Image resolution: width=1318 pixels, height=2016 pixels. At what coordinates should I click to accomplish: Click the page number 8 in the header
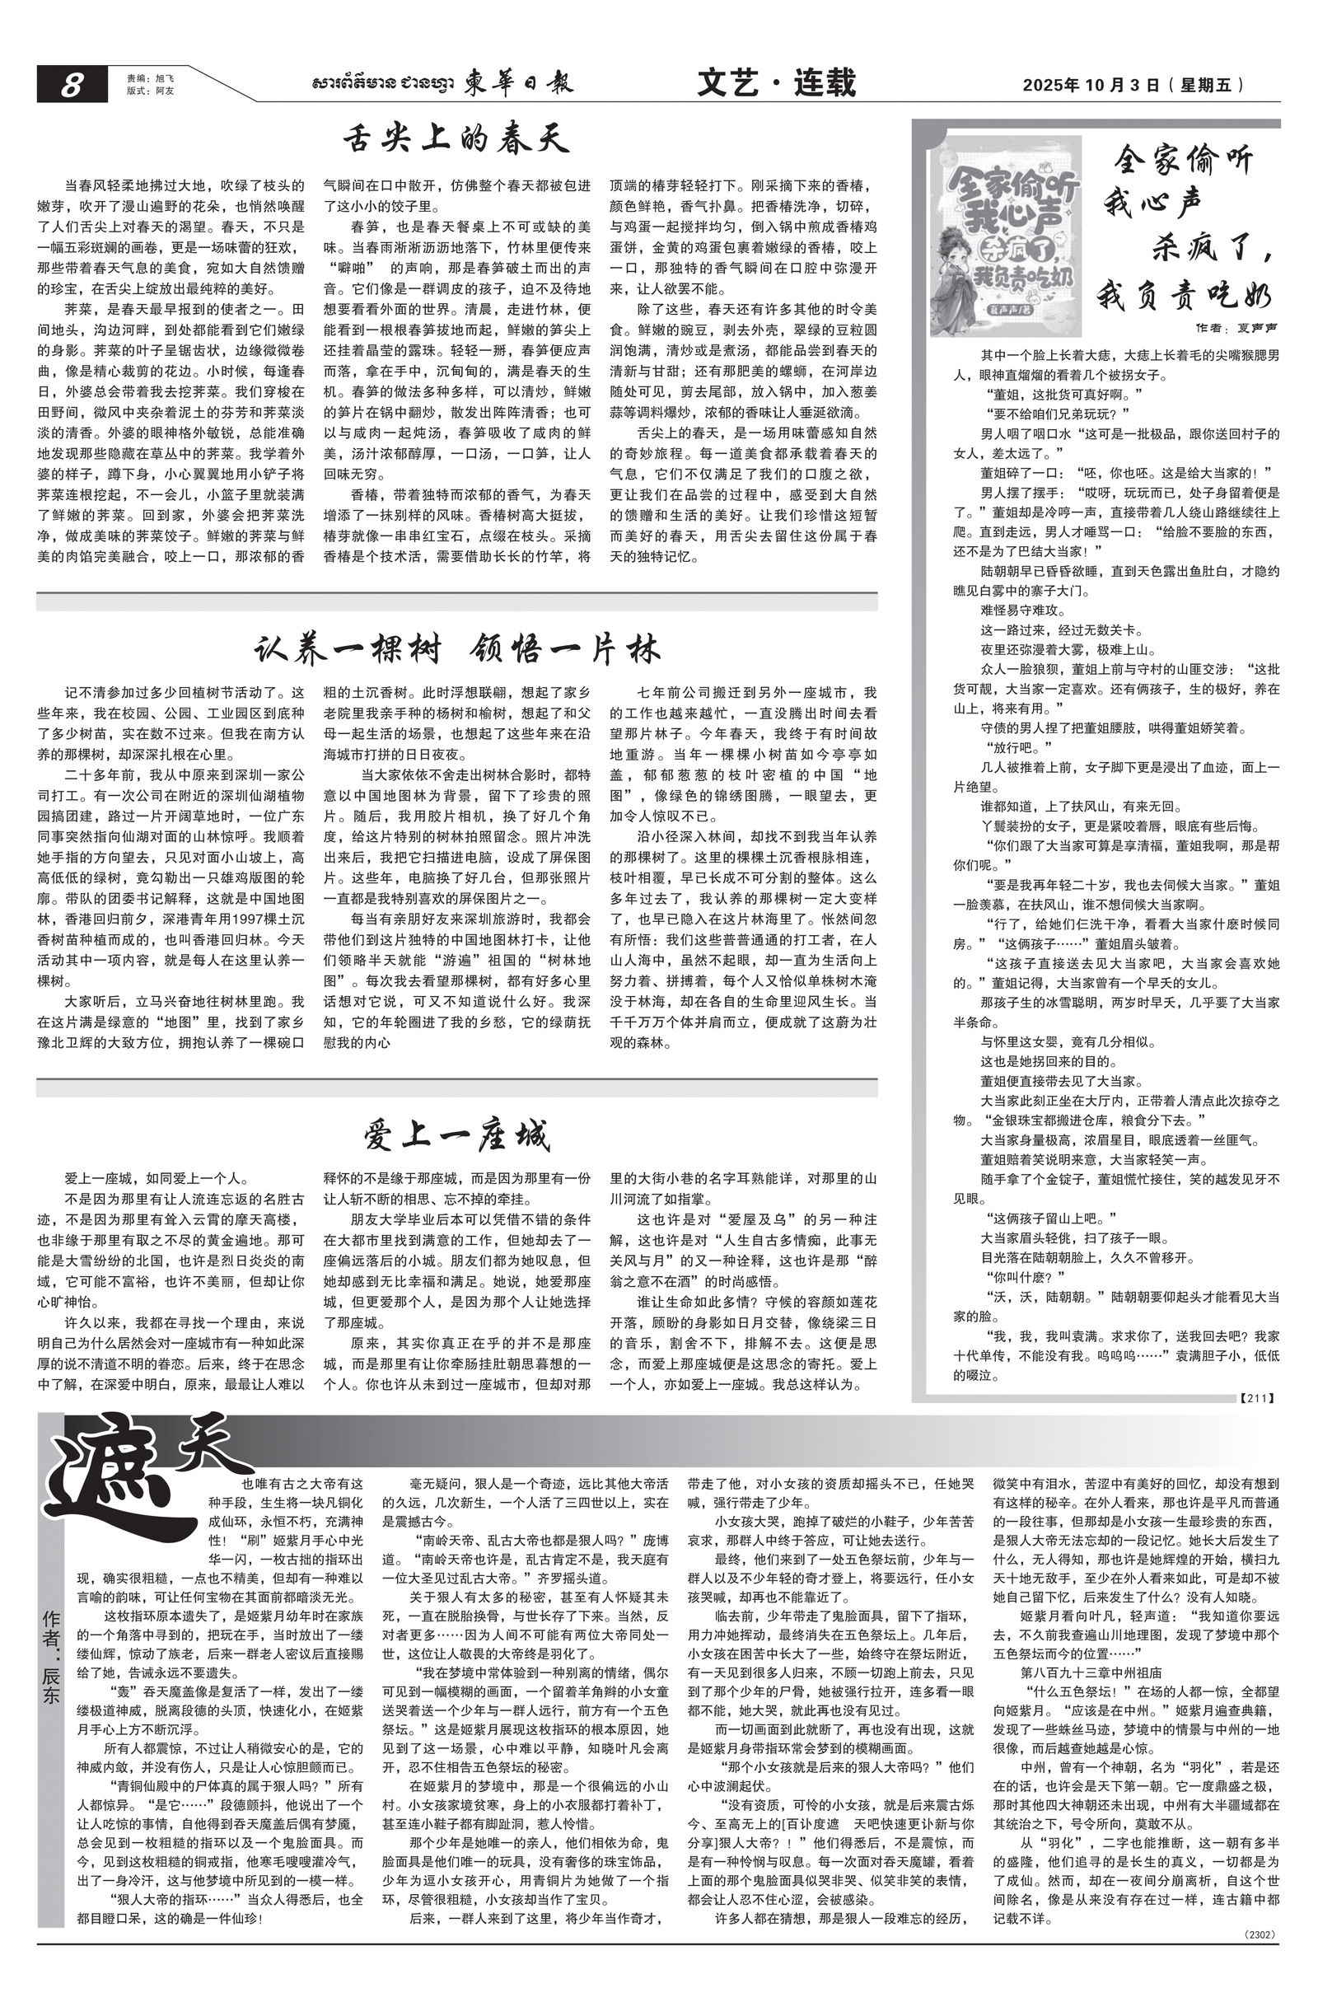tap(71, 85)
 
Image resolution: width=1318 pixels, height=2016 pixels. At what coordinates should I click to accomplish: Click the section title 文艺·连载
tap(776, 83)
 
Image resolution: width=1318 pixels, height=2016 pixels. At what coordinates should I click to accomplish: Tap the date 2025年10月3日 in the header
tap(1089, 85)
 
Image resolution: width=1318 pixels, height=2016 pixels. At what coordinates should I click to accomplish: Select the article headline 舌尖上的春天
tap(456, 139)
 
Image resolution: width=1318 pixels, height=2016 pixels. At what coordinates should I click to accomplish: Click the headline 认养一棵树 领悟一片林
tap(456, 650)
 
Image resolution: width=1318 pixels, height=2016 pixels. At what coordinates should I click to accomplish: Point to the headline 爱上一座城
tap(456, 1135)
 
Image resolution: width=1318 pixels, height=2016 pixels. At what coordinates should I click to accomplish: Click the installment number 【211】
tap(1256, 1397)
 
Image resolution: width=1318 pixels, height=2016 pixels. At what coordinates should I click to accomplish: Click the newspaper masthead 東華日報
tap(517, 83)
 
